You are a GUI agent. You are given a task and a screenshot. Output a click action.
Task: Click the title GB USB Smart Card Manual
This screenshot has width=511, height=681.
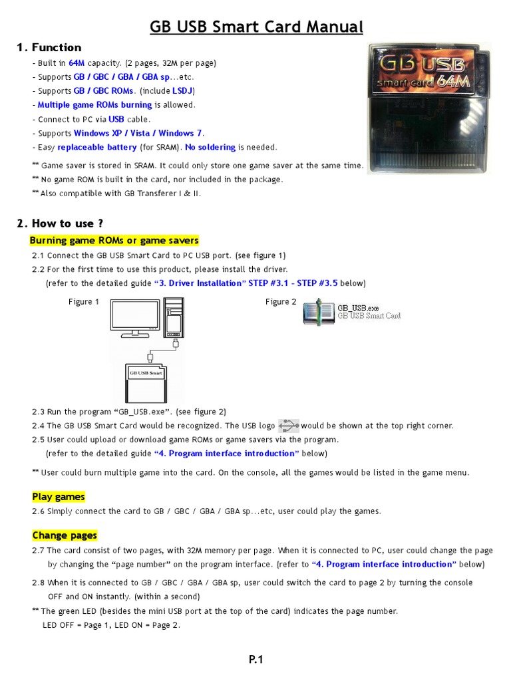(256, 27)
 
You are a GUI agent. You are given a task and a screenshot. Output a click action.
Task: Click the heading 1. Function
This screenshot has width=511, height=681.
(49, 47)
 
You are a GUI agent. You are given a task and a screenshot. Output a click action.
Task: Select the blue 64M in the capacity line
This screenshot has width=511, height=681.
(77, 63)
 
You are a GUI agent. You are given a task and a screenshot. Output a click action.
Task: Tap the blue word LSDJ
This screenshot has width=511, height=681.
(183, 91)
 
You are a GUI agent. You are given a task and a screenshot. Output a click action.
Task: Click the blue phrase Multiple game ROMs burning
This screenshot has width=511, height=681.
(94, 105)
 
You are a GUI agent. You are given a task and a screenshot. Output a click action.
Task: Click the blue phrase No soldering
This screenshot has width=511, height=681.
(210, 147)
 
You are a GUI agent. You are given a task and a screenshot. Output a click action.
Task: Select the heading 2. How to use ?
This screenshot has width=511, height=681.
(60, 223)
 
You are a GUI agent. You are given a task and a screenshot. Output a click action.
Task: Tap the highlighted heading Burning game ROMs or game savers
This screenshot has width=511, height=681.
(114, 240)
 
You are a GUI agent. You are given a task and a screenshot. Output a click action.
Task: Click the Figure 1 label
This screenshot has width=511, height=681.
(84, 302)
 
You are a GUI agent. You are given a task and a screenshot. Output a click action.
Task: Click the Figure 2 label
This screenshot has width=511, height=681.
(281, 302)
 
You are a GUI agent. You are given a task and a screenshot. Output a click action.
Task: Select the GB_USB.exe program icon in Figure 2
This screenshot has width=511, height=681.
(319, 312)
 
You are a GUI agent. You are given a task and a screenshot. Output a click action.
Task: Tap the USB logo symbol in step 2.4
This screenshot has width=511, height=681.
(289, 425)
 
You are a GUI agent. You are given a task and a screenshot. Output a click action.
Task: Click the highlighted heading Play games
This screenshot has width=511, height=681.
(59, 497)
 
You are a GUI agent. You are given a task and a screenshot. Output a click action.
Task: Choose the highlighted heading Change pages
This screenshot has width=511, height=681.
(65, 535)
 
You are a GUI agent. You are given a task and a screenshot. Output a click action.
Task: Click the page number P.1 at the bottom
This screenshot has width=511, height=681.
(256, 660)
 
